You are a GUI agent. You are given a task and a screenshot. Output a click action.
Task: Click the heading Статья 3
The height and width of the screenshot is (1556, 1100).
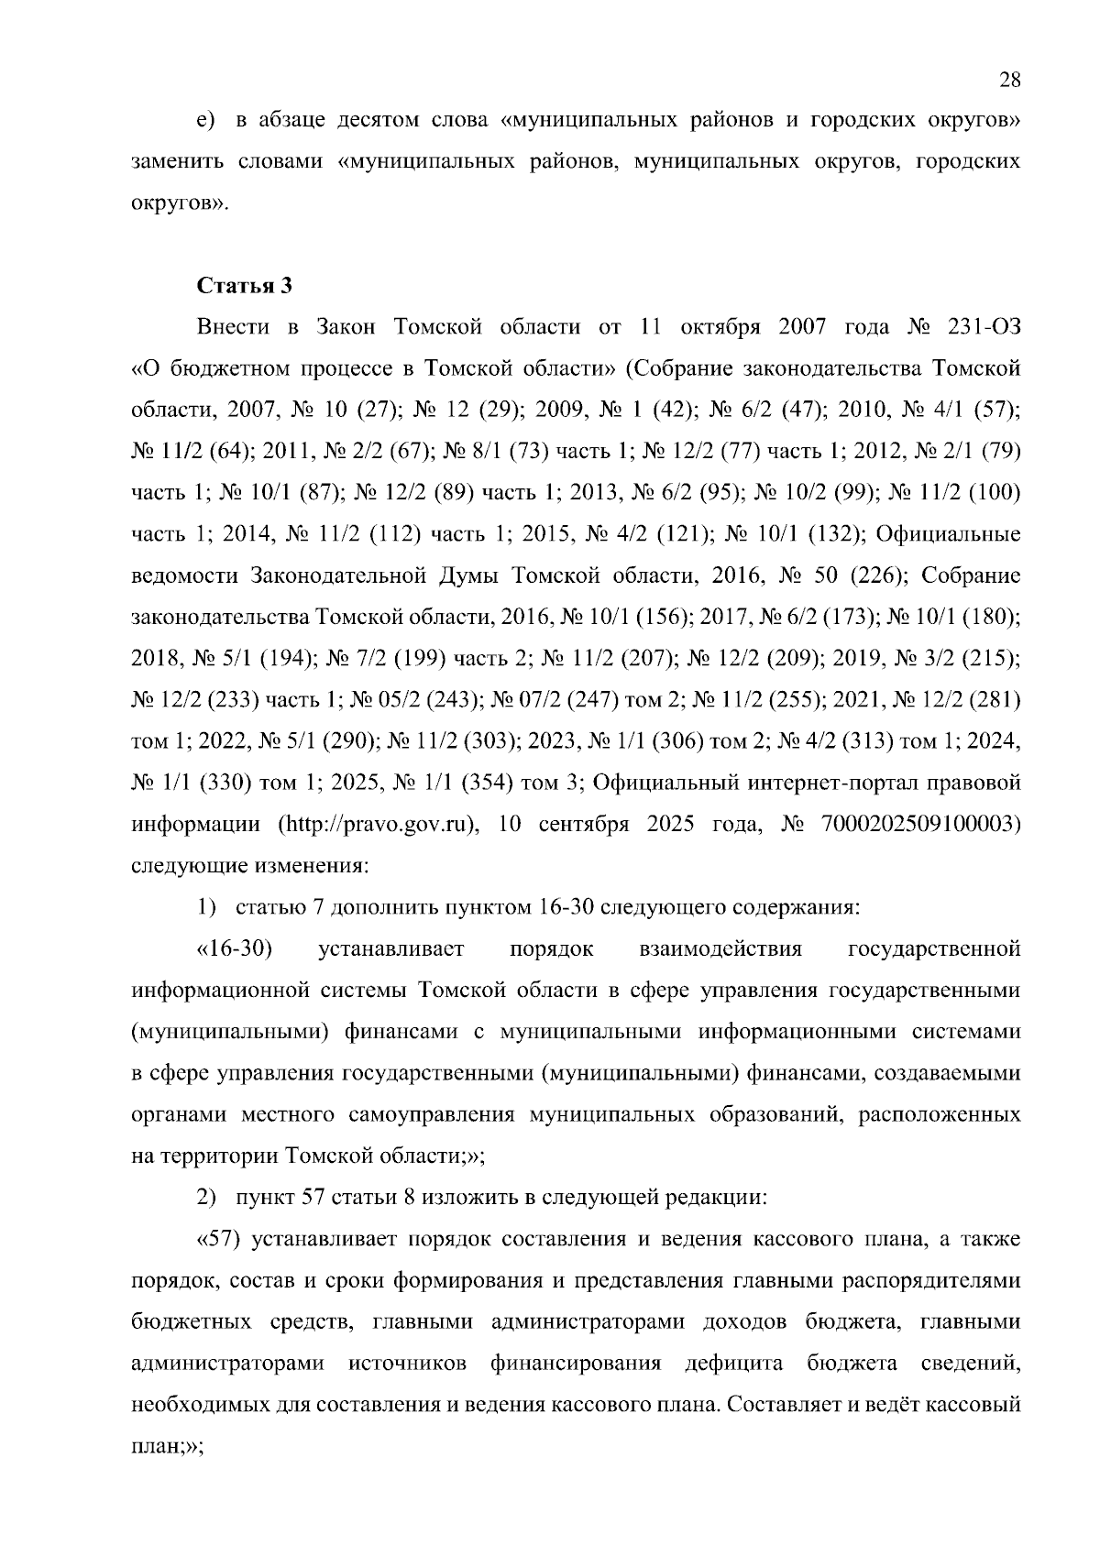245,285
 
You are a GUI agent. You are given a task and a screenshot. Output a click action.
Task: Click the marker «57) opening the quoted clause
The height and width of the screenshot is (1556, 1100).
219,1240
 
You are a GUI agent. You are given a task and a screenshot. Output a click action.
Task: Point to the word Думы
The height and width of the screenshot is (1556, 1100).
466,575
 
